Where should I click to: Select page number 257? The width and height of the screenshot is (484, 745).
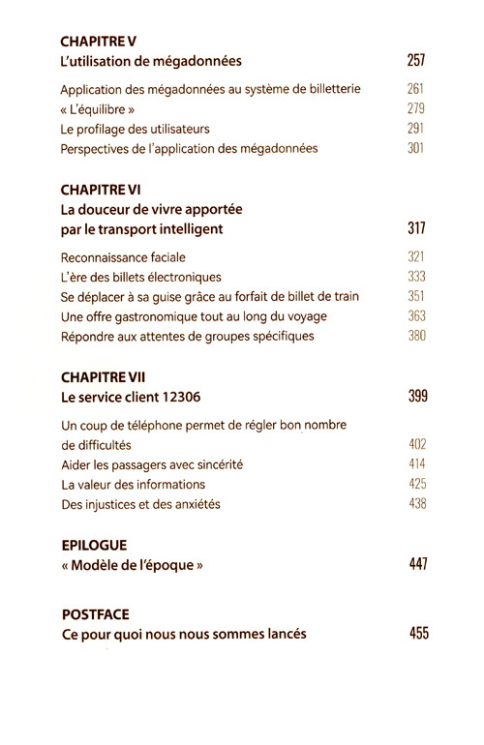[416, 62]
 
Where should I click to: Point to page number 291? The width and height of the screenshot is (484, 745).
[416, 129]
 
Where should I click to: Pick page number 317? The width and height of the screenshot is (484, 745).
[416, 229]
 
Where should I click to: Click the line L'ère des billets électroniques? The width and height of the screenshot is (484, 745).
[140, 277]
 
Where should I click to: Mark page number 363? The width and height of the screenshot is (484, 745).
[416, 316]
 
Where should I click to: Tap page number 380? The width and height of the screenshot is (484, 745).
[416, 336]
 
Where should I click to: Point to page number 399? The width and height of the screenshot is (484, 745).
[416, 397]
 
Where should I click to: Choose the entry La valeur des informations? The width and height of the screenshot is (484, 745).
[133, 484]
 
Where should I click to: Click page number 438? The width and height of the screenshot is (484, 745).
[416, 503]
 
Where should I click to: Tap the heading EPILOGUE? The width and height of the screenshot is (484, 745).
[94, 545]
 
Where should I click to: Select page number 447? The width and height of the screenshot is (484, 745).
[416, 565]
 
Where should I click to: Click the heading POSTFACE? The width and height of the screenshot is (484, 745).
[96, 613]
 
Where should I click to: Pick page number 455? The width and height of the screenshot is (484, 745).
[416, 634]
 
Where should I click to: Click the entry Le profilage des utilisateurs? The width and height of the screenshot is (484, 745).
[135, 129]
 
